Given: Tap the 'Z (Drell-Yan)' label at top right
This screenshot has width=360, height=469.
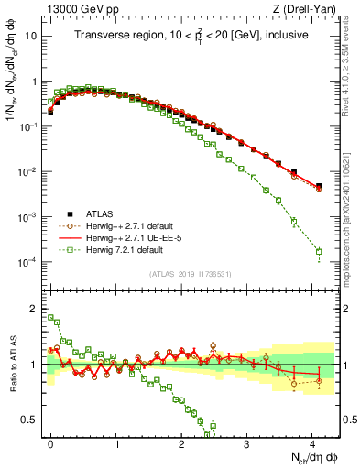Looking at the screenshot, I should coord(309,8).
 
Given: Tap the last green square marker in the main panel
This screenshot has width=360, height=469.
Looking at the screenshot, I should coord(319,251).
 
